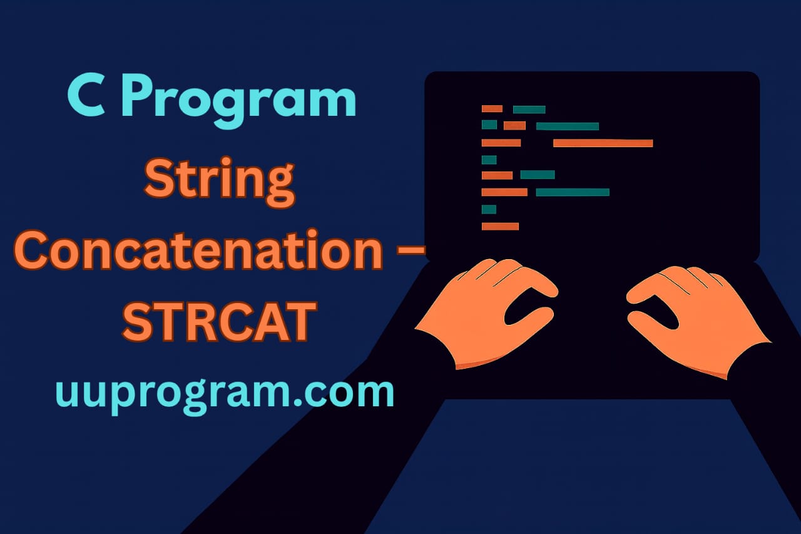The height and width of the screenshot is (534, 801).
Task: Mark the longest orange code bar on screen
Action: [603, 143]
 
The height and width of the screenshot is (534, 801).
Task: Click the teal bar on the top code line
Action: [529, 110]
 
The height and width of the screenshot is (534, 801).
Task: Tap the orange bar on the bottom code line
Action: [500, 226]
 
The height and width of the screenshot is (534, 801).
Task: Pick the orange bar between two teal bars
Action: [514, 126]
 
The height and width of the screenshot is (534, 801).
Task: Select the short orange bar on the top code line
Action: [492, 109]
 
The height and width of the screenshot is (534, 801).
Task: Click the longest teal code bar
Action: [573, 192]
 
